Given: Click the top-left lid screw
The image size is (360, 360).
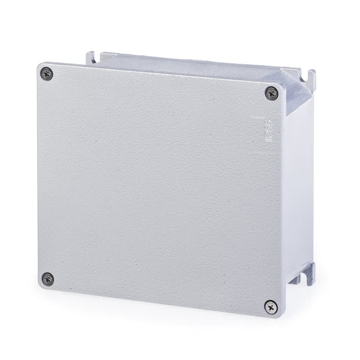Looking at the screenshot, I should [x=46, y=74].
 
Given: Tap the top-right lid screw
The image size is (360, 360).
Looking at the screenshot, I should [x=271, y=93].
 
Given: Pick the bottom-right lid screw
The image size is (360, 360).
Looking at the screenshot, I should [x=270, y=306].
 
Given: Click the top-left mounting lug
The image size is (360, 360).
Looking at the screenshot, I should [x=90, y=57].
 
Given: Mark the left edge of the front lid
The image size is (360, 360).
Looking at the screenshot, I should [x=38, y=175].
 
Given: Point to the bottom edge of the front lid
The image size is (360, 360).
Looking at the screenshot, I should [x=157, y=303].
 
